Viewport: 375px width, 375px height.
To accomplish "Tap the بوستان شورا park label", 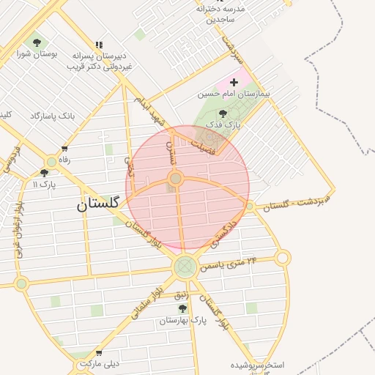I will (x=38, y=54).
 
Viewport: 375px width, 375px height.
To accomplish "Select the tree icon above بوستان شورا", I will (x=37, y=43).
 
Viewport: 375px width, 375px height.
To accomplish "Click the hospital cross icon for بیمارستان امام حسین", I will (x=234, y=83).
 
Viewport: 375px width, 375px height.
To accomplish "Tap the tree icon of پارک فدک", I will (x=223, y=114).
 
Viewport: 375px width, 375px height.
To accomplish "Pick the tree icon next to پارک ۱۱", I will (x=44, y=174).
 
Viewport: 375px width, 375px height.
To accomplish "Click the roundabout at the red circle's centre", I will (x=175, y=178).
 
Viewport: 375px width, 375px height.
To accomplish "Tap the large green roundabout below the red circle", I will (x=185, y=267).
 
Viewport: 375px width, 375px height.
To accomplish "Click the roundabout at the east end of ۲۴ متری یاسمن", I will (x=283, y=257).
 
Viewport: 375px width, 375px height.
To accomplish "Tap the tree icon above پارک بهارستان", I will (x=182, y=308).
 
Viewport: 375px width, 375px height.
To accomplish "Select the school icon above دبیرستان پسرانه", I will (x=100, y=45).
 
